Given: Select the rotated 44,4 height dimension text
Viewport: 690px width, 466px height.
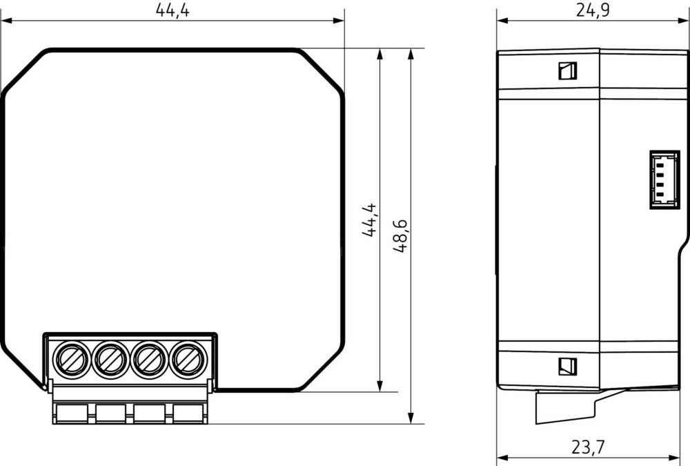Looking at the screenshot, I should [x=370, y=220].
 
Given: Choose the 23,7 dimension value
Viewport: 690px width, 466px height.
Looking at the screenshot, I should [x=588, y=447].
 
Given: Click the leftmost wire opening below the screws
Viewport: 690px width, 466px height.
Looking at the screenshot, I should [x=72, y=414].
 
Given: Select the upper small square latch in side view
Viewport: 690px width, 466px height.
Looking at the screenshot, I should [x=567, y=70].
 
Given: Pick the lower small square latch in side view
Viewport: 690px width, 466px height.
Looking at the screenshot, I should [x=567, y=366].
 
